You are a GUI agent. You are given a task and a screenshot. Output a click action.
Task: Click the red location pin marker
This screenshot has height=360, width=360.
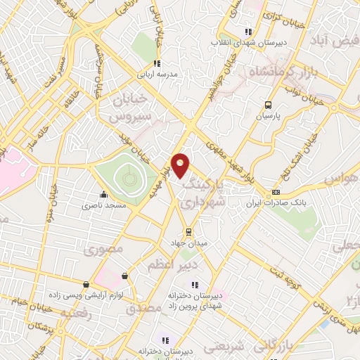click(x=181, y=165)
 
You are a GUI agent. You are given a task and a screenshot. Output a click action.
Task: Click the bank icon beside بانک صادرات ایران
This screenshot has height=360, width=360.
click(x=276, y=193)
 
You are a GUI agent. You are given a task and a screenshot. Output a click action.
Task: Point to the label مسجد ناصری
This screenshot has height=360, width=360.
click(x=103, y=206)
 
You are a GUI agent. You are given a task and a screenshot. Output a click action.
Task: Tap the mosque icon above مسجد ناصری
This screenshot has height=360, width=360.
click(x=104, y=195)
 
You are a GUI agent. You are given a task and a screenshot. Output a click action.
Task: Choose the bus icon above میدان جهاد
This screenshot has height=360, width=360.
click(x=188, y=231)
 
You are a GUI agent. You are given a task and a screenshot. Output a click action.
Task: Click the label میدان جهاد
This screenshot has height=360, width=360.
click(x=188, y=243)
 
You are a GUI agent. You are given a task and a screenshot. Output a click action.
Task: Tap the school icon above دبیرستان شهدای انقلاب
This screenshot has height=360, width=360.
click(x=247, y=32)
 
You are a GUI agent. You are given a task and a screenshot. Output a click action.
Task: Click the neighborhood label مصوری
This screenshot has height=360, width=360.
click(x=99, y=249)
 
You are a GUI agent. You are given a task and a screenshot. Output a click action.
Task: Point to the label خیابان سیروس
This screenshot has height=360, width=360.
click(x=129, y=106)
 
